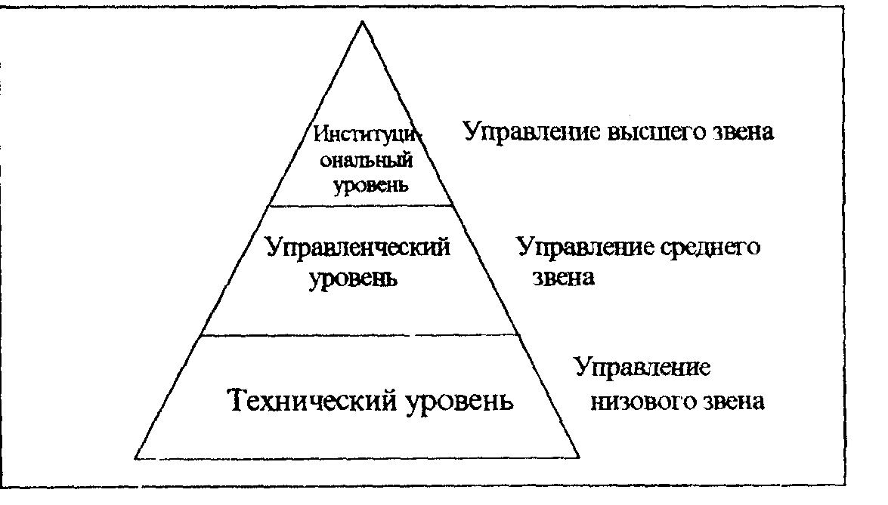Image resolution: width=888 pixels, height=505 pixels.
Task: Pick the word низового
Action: (x=640, y=400)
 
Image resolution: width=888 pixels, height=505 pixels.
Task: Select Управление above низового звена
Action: (x=642, y=369)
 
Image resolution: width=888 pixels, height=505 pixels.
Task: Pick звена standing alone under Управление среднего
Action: (x=561, y=278)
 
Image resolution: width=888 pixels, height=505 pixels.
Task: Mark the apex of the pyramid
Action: (x=362, y=22)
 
